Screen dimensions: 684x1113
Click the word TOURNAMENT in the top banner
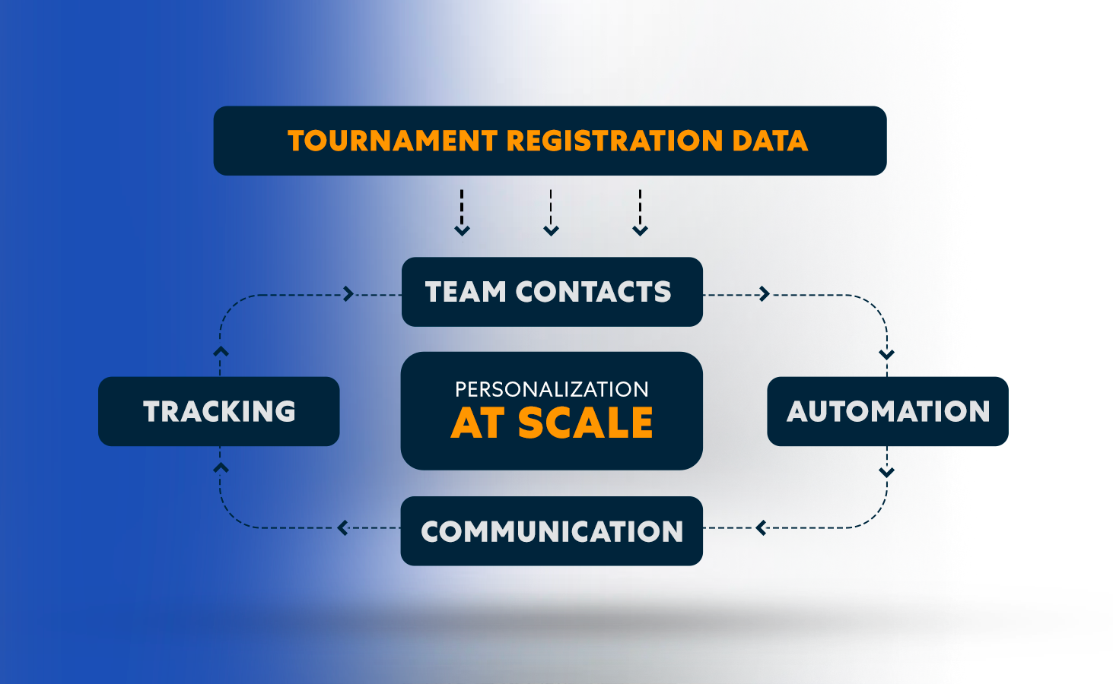click(392, 141)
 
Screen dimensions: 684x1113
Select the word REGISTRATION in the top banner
click(614, 141)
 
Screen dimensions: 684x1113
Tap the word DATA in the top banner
click(769, 141)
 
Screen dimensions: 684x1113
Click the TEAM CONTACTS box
click(552, 292)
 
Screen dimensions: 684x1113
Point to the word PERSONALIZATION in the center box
click(552, 389)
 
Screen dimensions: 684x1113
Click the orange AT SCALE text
click(552, 423)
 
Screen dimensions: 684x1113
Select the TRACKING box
click(219, 411)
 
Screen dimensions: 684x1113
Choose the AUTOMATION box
click(887, 411)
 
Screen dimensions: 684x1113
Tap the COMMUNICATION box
click(552, 531)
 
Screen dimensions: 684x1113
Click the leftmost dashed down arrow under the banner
click(462, 230)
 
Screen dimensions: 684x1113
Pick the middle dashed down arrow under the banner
click(551, 230)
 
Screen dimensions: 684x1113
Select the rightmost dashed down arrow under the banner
click(641, 230)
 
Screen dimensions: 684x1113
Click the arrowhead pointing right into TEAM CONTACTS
click(348, 294)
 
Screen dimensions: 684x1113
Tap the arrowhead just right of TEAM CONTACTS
click(765, 294)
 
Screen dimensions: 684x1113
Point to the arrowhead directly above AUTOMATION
click(886, 354)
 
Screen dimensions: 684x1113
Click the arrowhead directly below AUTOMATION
click(886, 472)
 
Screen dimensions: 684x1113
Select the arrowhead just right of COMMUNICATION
click(761, 527)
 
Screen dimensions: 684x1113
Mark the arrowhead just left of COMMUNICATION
click(343, 527)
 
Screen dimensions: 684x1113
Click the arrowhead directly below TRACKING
click(221, 468)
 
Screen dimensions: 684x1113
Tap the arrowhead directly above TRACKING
click(221, 352)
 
